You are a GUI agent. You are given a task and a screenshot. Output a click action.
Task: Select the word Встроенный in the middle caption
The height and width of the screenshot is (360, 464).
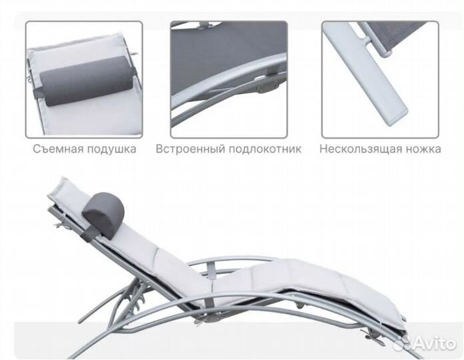click(x=190, y=149)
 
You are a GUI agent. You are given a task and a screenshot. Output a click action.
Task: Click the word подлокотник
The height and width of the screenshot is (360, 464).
click(x=265, y=149)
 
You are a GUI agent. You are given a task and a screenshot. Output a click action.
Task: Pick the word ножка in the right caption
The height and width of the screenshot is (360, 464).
click(x=421, y=149)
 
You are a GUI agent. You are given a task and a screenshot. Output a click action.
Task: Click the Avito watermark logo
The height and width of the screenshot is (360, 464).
click(x=425, y=343)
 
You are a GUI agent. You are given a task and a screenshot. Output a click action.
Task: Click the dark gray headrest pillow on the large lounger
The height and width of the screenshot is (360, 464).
click(x=103, y=211)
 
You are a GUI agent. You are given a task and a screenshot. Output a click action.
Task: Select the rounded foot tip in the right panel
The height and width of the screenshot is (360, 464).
click(x=396, y=117)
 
